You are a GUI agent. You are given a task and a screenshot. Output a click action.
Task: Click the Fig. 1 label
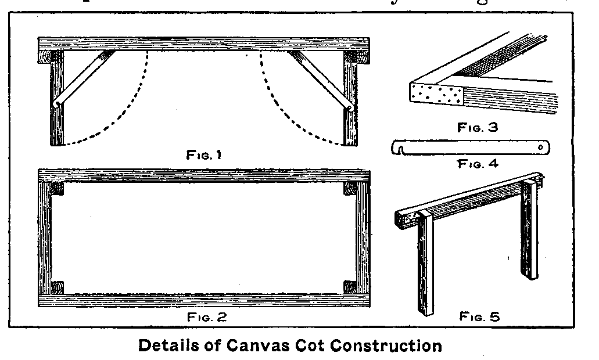(203, 155)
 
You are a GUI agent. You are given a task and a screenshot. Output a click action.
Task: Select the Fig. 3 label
(478, 127)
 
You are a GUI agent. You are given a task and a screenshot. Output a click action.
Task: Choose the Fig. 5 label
(479, 316)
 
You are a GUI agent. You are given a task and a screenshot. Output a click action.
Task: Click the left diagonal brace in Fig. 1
(83, 79)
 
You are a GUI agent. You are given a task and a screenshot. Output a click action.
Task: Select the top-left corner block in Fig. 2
(57, 189)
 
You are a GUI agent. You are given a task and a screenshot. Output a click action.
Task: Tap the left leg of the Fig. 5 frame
(426, 267)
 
